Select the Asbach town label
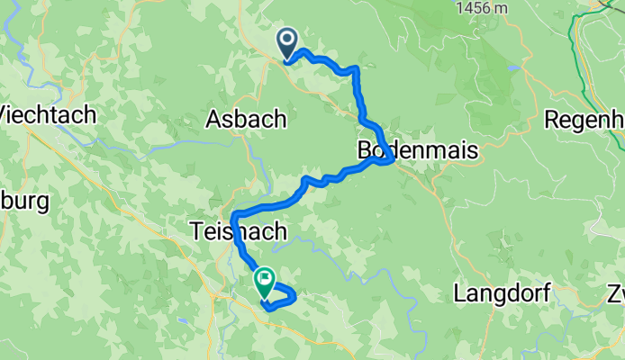point(246,119)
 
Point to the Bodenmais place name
point(417,151)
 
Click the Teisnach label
point(239,231)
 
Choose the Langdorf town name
point(500,293)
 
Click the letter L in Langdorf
point(460,293)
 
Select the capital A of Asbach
point(214,119)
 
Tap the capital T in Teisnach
point(197,231)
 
